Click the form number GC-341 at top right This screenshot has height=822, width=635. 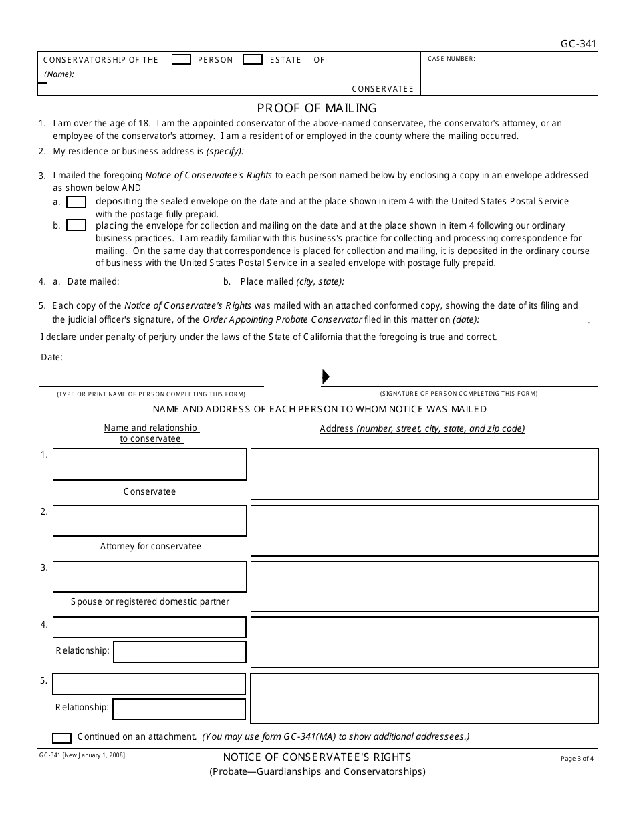point(578,45)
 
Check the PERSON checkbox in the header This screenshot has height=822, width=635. point(181,60)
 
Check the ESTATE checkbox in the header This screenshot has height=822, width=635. point(252,60)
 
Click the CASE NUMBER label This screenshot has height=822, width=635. point(451,59)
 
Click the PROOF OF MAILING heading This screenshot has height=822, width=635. point(317,108)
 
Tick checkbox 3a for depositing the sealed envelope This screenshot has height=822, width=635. point(76,202)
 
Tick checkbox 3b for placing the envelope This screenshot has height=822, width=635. point(76,226)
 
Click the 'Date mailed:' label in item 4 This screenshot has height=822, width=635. point(93,282)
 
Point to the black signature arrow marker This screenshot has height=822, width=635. point(326,376)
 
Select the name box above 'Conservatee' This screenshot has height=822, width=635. point(150,464)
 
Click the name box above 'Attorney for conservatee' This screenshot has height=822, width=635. point(150,521)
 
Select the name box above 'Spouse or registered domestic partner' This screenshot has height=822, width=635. point(150,577)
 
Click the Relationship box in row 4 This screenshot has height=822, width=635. point(179,652)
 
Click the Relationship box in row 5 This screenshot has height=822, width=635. point(179,709)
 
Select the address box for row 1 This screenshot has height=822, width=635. point(424,474)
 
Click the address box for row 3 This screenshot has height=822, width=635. point(424,586)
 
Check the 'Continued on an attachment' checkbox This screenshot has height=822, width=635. point(61,738)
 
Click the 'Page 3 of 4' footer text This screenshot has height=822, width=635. point(577,759)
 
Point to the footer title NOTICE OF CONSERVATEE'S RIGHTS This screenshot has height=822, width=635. point(317,757)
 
